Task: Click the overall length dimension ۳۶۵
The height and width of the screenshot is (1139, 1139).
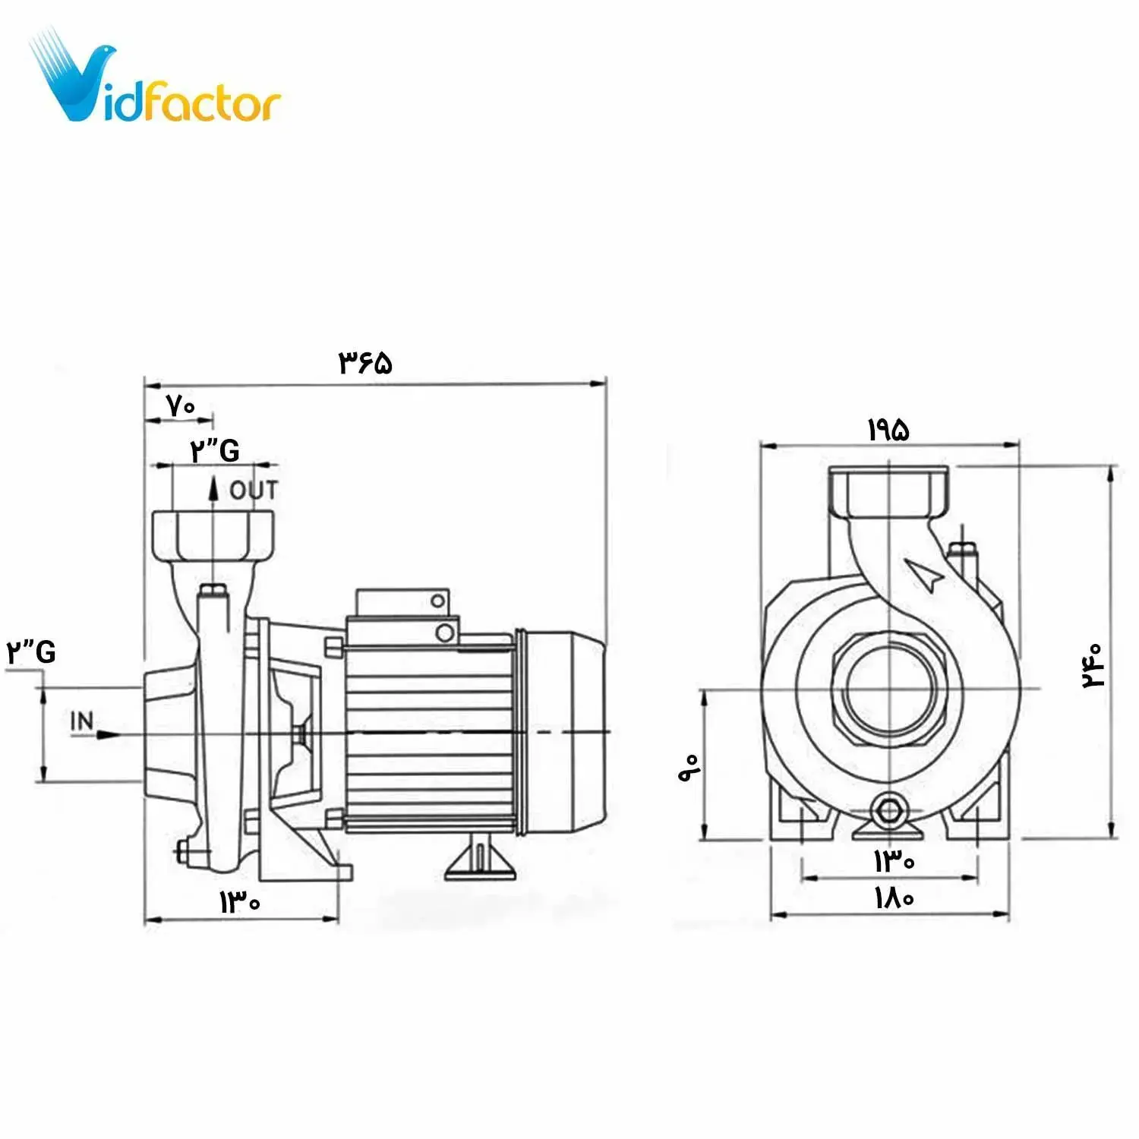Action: click(365, 362)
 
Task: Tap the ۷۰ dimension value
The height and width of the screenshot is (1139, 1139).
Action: click(181, 406)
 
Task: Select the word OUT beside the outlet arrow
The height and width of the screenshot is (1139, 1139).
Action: click(254, 491)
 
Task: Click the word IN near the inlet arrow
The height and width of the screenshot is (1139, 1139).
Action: click(82, 721)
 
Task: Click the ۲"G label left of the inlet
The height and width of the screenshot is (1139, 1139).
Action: click(31, 652)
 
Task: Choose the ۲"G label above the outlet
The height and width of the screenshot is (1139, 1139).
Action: click(215, 451)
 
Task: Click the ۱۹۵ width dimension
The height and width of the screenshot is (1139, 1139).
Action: click(888, 431)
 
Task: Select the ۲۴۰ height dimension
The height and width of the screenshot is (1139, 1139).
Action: click(1093, 666)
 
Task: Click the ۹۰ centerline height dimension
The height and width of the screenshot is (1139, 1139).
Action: click(689, 768)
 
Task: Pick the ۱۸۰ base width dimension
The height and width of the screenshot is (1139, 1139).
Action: click(894, 898)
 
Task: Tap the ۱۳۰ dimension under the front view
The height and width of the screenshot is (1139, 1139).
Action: click(894, 861)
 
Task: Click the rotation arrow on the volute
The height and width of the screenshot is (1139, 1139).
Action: click(926, 575)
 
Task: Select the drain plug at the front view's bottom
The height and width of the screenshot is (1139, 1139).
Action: click(888, 809)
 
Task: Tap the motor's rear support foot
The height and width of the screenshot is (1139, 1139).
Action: click(479, 860)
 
